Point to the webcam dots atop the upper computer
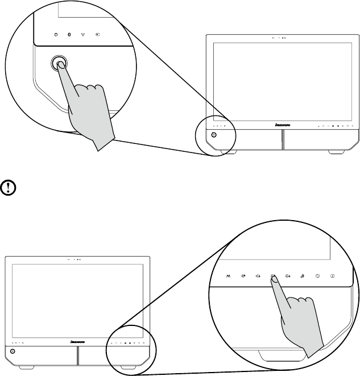pos(279,39)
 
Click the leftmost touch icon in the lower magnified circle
pos(228,276)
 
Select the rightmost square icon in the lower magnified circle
pos(332,276)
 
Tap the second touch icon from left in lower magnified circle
pos(243,276)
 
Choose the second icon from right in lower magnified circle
pos(317,276)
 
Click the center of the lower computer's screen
pos(76,300)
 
